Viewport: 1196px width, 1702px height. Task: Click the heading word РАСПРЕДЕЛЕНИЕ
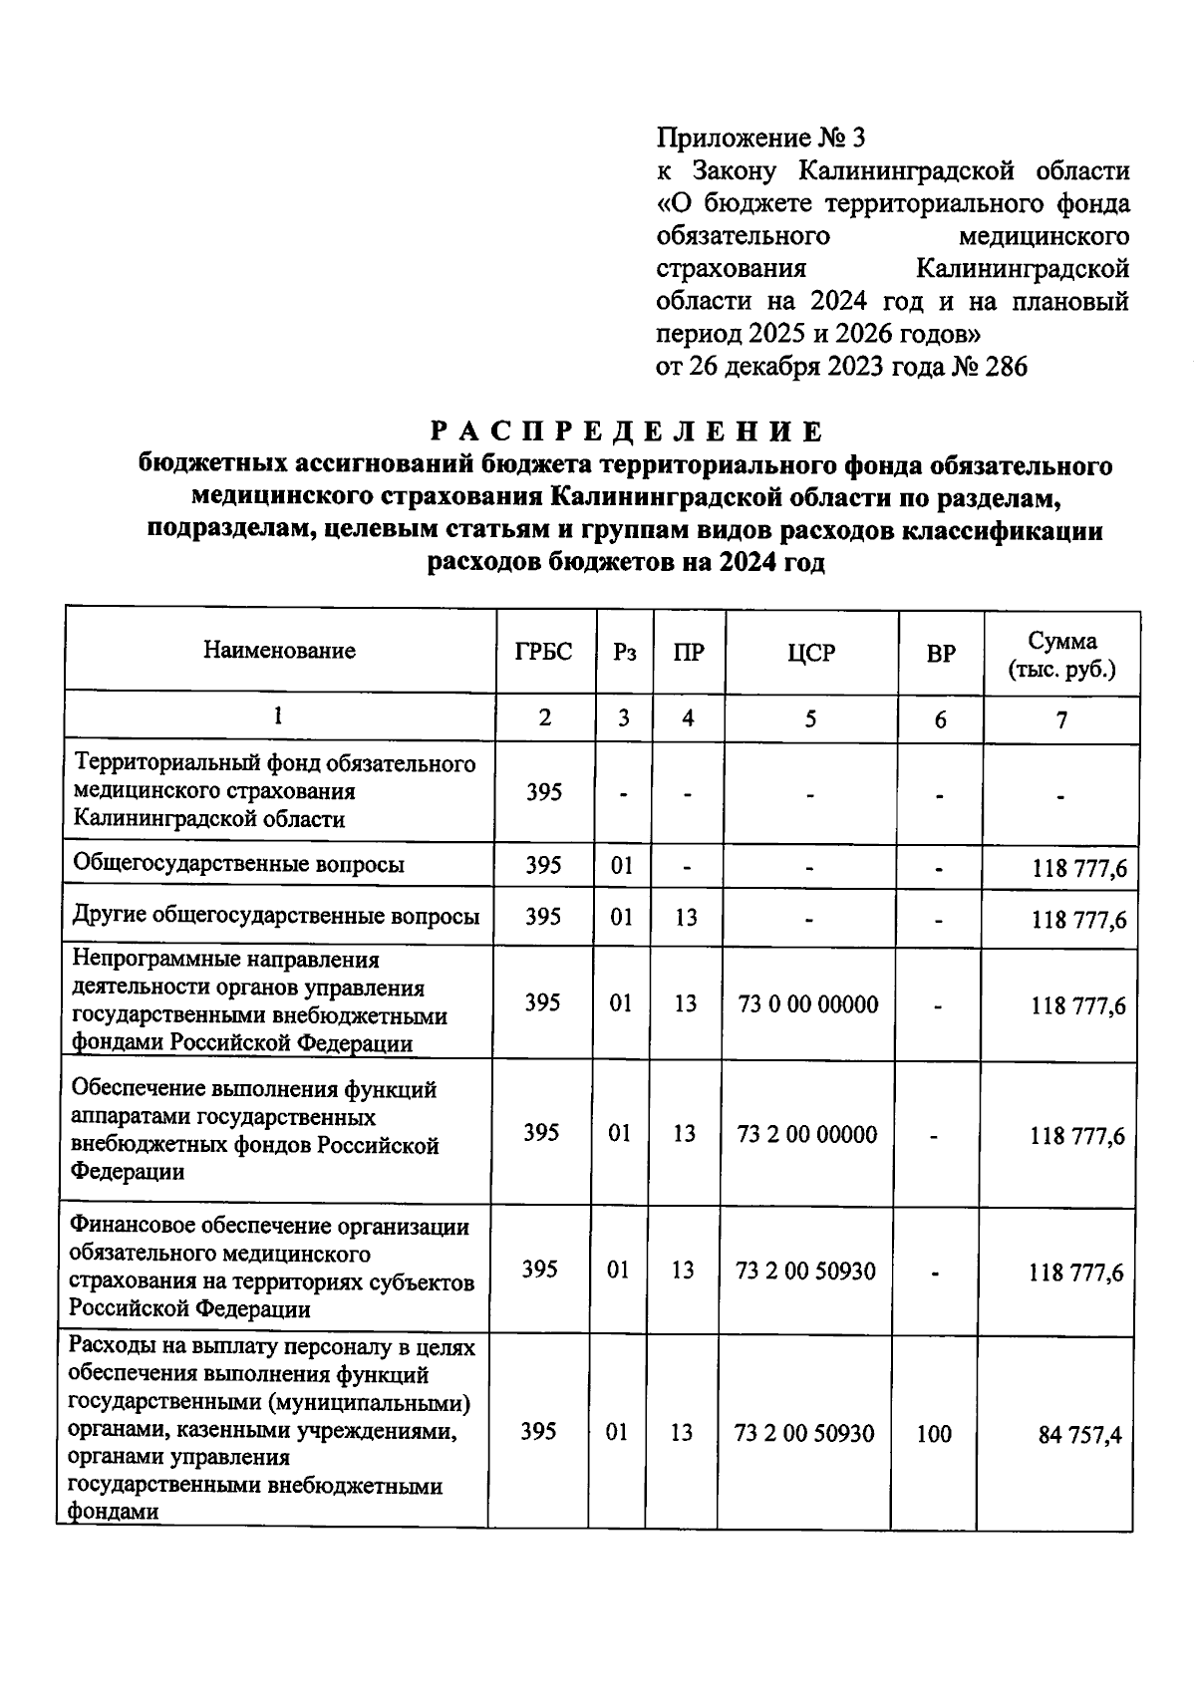(627, 431)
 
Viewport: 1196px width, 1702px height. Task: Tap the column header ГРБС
(544, 652)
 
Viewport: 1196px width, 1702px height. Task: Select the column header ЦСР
(811, 654)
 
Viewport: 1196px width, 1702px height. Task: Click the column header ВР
(940, 654)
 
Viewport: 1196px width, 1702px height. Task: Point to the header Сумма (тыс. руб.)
(1062, 655)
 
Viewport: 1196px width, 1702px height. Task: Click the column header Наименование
(279, 651)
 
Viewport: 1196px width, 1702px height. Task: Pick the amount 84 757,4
(1080, 1435)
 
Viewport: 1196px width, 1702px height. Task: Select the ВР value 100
(933, 1434)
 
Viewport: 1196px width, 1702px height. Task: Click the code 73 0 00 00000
(808, 1003)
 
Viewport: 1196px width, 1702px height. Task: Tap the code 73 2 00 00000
(807, 1134)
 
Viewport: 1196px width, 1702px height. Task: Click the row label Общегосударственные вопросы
(239, 864)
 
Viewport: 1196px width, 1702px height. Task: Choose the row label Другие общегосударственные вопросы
(276, 916)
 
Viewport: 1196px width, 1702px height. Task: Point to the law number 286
(1005, 367)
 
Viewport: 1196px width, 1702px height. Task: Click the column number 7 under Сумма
(1062, 718)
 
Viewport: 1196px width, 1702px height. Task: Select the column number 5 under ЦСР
(810, 717)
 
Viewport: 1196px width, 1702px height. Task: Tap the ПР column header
(689, 653)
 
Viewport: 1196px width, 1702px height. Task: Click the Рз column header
(624, 653)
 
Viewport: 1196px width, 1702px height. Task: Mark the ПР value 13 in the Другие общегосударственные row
(686, 916)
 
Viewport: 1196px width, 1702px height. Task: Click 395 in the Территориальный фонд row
(544, 792)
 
